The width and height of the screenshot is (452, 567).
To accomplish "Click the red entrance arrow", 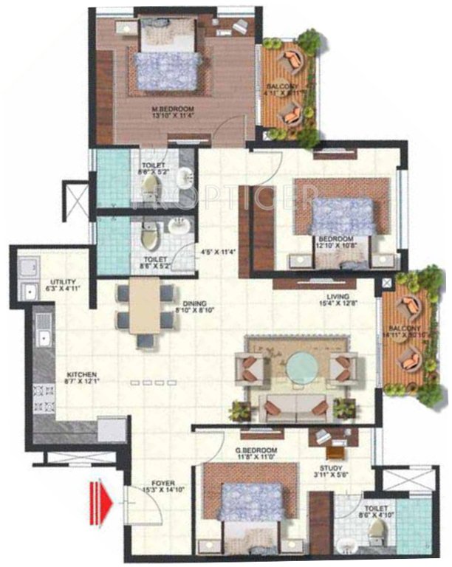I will (101, 504).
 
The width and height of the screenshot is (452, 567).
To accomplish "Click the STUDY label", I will (326, 467).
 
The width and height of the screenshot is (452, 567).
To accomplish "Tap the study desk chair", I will (334, 452).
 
